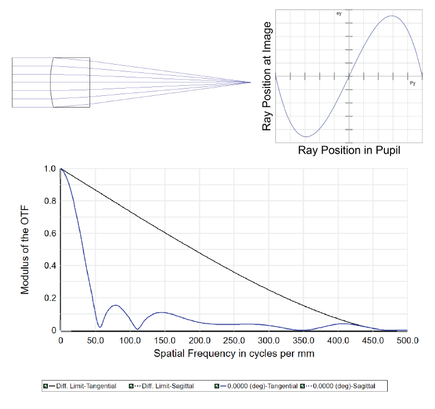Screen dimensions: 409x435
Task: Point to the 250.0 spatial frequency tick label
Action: pyautogui.click(x=234, y=341)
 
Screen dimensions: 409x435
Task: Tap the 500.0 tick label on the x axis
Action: pyautogui.click(x=408, y=341)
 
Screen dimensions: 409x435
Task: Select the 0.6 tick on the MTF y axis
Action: pyautogui.click(x=50, y=233)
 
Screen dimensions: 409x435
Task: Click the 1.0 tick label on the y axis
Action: pyautogui.click(x=50, y=169)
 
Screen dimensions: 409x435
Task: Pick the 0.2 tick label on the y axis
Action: pyautogui.click(x=50, y=298)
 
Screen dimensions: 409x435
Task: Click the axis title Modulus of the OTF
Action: pyautogui.click(x=25, y=249)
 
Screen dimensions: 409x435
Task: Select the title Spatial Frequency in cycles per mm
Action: pyautogui.click(x=234, y=353)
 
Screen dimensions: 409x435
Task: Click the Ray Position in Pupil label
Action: pyautogui.click(x=349, y=150)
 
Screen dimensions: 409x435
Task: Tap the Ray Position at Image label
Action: pyautogui.click(x=268, y=76)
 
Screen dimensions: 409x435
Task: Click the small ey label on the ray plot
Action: pyautogui.click(x=339, y=13)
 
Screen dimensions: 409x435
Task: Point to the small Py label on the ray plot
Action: pyautogui.click(x=412, y=84)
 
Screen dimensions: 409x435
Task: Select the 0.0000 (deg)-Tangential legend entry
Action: pyautogui.click(x=256, y=386)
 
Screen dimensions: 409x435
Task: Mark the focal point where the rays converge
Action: pyautogui.click(x=250, y=82)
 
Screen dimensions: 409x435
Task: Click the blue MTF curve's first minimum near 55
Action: pyautogui.click(x=100, y=327)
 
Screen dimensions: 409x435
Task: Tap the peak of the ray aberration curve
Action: pyautogui.click(x=392, y=16)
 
